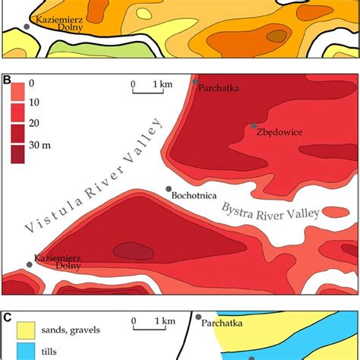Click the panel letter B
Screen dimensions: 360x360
(7, 78)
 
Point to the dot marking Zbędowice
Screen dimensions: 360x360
(254, 125)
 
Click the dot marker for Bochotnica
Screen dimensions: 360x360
(169, 189)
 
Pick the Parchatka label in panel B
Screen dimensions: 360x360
(219, 88)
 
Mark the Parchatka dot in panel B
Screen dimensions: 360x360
(196, 81)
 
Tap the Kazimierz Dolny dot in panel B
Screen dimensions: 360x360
(30, 264)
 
